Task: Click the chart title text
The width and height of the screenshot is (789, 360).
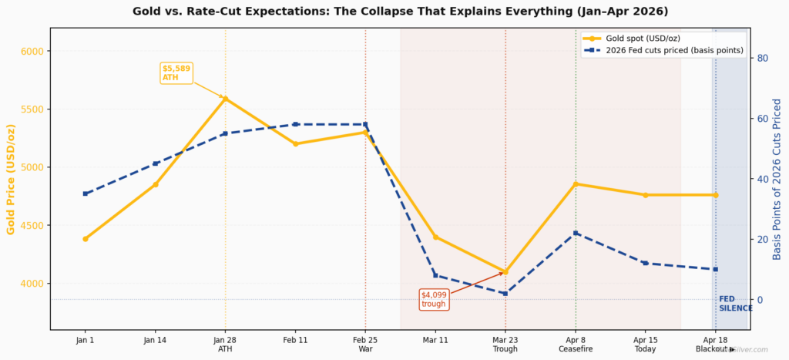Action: pyautogui.click(x=401, y=12)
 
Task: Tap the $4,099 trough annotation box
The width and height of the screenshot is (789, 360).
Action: pyautogui.click(x=433, y=299)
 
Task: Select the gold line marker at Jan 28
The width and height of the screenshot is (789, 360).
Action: pyautogui.click(x=225, y=99)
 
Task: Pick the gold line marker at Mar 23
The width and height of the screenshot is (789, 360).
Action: pyautogui.click(x=505, y=272)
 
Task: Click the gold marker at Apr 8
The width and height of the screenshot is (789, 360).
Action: pyautogui.click(x=576, y=184)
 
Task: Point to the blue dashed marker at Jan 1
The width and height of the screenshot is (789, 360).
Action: pyautogui.click(x=86, y=193)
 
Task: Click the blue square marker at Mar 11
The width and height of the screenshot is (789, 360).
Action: pyautogui.click(x=435, y=275)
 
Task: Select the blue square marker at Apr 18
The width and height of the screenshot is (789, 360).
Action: pyautogui.click(x=715, y=269)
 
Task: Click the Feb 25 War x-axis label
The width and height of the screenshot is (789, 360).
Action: pyautogui.click(x=365, y=344)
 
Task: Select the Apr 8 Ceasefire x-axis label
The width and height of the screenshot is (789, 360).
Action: pyautogui.click(x=576, y=344)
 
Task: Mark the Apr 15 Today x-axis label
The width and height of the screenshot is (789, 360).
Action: pyautogui.click(x=646, y=344)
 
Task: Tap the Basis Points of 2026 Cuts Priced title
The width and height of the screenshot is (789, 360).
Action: pyautogui.click(x=777, y=179)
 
